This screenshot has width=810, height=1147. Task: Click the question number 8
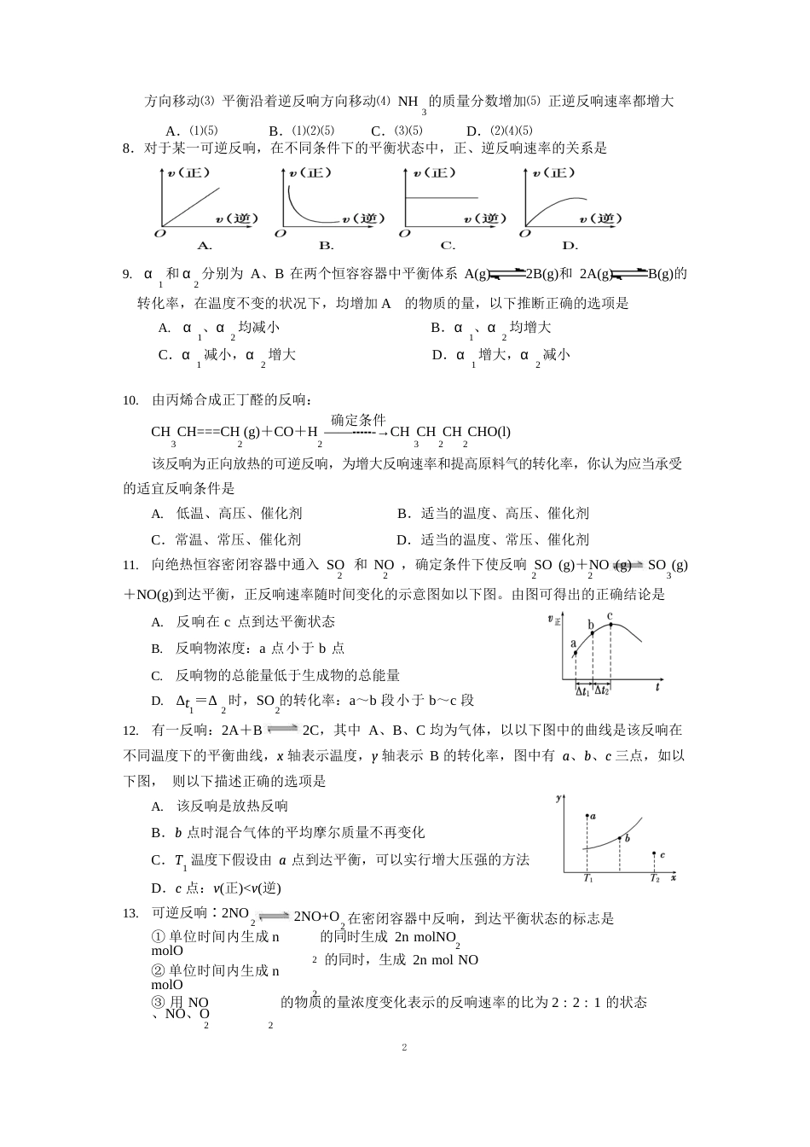(128, 148)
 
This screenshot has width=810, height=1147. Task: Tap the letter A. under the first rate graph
(205, 246)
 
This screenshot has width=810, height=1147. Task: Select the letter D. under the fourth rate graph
(570, 246)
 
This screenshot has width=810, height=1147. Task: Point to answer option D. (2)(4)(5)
(500, 131)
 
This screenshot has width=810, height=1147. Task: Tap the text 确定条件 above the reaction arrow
(358, 420)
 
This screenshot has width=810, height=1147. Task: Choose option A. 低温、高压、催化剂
(227, 513)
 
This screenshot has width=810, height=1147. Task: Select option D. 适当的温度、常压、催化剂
(493, 539)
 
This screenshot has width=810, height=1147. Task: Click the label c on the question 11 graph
(610, 616)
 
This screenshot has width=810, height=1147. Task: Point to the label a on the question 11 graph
(573, 643)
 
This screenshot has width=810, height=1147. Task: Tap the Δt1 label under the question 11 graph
(583, 691)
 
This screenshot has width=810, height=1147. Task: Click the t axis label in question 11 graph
(657, 686)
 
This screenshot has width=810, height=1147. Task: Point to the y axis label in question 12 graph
(558, 798)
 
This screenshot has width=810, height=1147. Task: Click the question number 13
(130, 913)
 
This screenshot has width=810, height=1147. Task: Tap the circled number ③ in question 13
(157, 1002)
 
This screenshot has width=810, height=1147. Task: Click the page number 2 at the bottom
(404, 1047)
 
